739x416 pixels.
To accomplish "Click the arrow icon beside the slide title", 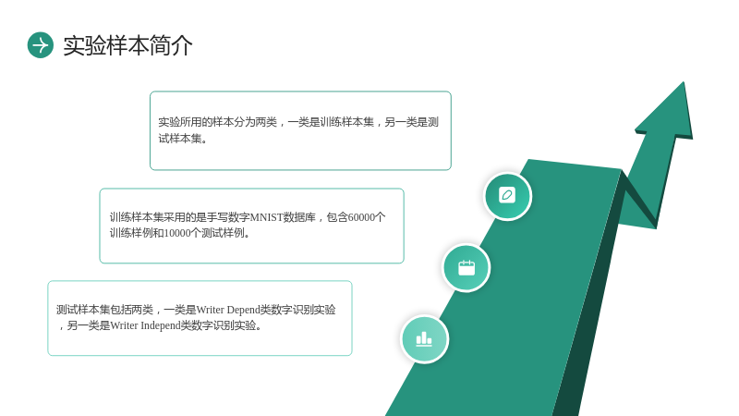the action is point(41,45).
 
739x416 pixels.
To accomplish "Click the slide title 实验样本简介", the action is point(127,45).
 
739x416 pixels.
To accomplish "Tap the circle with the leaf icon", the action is point(507,196).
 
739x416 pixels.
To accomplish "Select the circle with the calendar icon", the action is point(466,268).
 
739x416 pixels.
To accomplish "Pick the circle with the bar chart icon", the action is point(424,339).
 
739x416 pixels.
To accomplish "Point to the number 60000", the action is point(361,217).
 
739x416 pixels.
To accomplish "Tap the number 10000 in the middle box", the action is point(177,233).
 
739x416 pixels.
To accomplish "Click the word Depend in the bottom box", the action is point(243,310).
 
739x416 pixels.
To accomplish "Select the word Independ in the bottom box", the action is point(161,325).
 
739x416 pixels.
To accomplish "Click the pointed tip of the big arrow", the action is point(684,82).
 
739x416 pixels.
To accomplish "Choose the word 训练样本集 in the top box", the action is point(346,122).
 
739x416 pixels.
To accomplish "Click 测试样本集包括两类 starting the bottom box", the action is point(104,310).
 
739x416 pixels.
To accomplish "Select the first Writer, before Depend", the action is point(211,310).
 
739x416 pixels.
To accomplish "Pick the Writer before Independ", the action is point(124,325).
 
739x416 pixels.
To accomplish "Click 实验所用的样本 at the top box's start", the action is point(196,122).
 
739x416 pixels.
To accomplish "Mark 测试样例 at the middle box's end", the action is point(223,233).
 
